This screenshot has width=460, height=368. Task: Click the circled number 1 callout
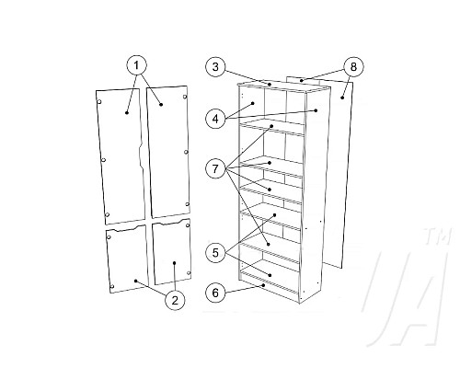(137, 65)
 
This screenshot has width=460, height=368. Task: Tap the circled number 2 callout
(175, 300)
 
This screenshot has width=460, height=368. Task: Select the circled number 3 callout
(215, 66)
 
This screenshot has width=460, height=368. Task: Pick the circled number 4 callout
(215, 119)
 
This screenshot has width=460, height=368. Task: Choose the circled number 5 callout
(215, 253)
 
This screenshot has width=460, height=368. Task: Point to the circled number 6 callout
(215, 293)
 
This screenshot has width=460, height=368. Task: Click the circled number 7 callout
(215, 168)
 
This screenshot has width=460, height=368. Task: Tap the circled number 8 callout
(353, 66)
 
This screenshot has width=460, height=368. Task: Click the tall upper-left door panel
(121, 156)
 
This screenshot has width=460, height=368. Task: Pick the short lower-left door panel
(127, 259)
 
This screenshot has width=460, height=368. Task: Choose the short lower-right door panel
(172, 251)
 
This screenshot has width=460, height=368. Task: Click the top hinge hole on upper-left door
(99, 102)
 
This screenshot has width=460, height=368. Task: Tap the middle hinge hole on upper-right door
(186, 152)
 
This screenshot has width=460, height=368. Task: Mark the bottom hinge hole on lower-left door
(112, 287)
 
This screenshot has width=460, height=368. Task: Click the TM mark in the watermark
(437, 236)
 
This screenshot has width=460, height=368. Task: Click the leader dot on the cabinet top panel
(270, 84)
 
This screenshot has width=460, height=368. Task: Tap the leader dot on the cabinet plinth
(263, 285)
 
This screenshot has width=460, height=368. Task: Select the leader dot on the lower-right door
(174, 263)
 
